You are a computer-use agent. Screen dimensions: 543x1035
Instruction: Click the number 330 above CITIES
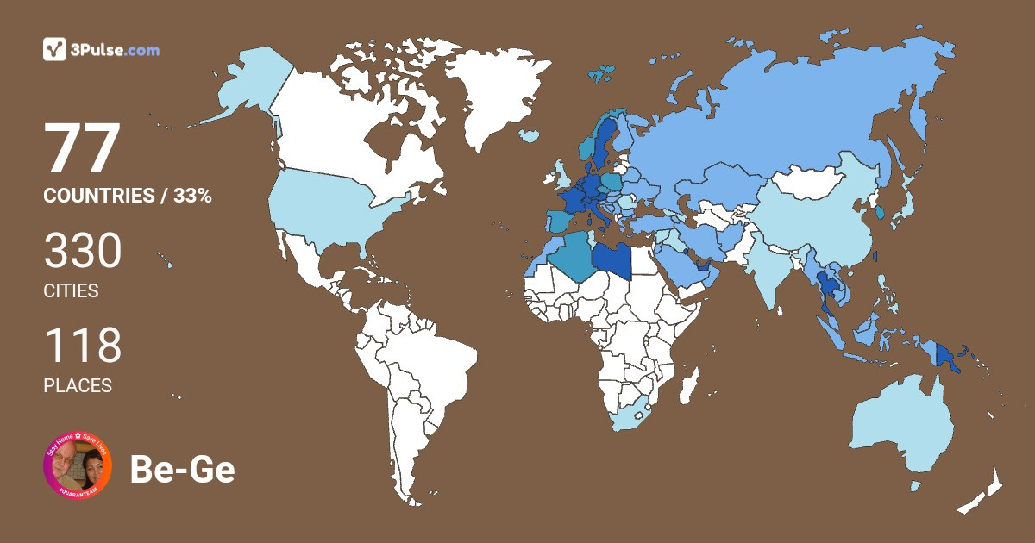(83, 252)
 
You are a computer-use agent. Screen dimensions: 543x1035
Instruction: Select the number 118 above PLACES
(83, 346)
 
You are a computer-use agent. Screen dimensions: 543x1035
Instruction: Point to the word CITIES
(71, 291)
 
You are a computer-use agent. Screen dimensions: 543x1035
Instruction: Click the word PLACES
(78, 386)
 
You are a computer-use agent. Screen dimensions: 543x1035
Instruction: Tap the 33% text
(191, 196)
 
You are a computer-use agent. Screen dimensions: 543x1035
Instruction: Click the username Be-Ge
(182, 469)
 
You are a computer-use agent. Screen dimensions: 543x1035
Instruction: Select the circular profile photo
(78, 466)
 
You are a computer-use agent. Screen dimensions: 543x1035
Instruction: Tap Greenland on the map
(492, 95)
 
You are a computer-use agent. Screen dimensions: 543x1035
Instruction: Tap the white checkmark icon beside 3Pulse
(55, 49)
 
